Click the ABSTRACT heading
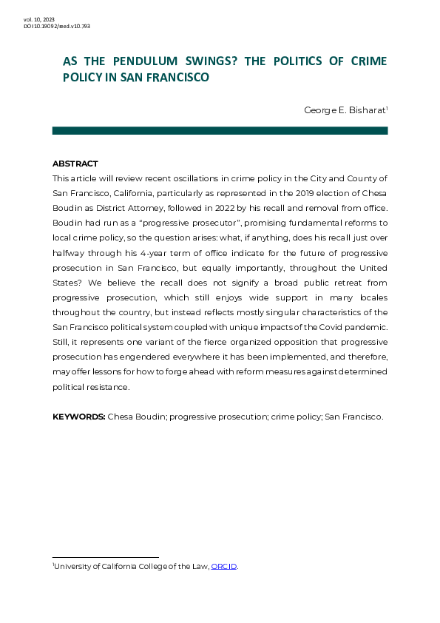click(x=75, y=164)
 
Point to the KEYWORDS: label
click(x=79, y=417)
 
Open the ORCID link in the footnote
click(x=224, y=567)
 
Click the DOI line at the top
click(x=57, y=26)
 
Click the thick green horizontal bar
click(x=220, y=130)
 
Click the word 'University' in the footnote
click(x=75, y=567)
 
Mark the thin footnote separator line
click(x=106, y=557)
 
